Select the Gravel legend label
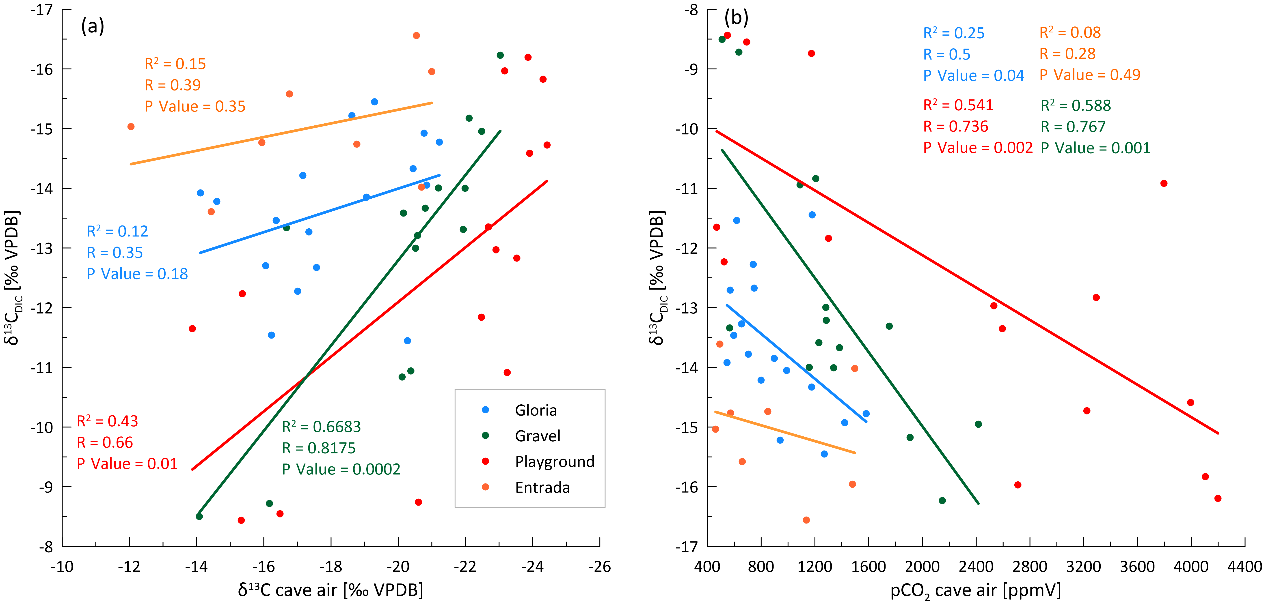(537, 436)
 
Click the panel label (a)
(92, 26)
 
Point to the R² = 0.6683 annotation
(321, 427)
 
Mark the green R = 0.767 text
(1073, 127)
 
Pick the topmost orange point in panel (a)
(416, 35)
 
